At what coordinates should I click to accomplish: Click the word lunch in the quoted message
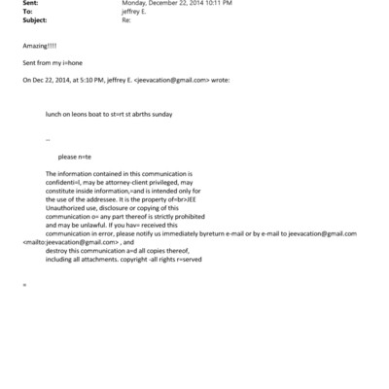click(54, 113)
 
